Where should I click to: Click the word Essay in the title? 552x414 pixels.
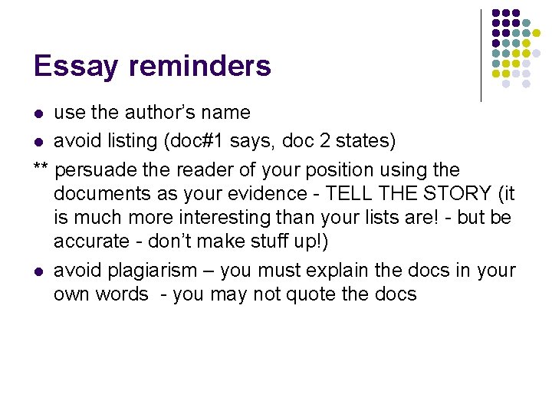(77, 67)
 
